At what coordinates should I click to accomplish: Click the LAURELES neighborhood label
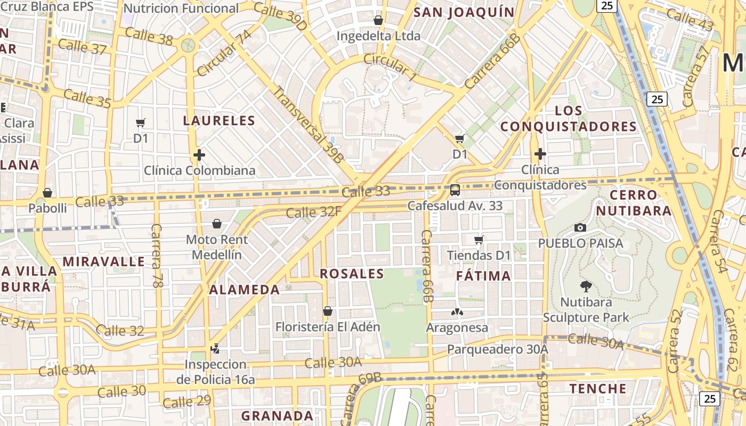219,120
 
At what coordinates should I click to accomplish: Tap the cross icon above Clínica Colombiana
199,155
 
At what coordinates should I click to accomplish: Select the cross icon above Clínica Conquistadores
540,154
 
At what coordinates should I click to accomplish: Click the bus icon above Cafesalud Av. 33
455,190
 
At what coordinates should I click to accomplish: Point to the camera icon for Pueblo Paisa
580,228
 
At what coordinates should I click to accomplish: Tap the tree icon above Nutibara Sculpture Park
586,286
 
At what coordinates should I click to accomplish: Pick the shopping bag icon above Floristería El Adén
328,311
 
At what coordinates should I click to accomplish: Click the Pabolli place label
48,208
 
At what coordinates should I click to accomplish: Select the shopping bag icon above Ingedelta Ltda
378,20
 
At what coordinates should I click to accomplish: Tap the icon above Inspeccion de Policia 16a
215,349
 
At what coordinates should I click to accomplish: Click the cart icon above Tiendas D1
479,240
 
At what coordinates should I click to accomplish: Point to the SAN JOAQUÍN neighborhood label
464,12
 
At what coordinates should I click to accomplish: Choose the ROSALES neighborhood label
352,274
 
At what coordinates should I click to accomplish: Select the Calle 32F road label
313,212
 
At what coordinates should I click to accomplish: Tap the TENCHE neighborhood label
598,388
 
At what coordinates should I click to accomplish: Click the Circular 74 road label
224,53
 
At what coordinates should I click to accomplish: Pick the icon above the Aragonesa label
457,312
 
